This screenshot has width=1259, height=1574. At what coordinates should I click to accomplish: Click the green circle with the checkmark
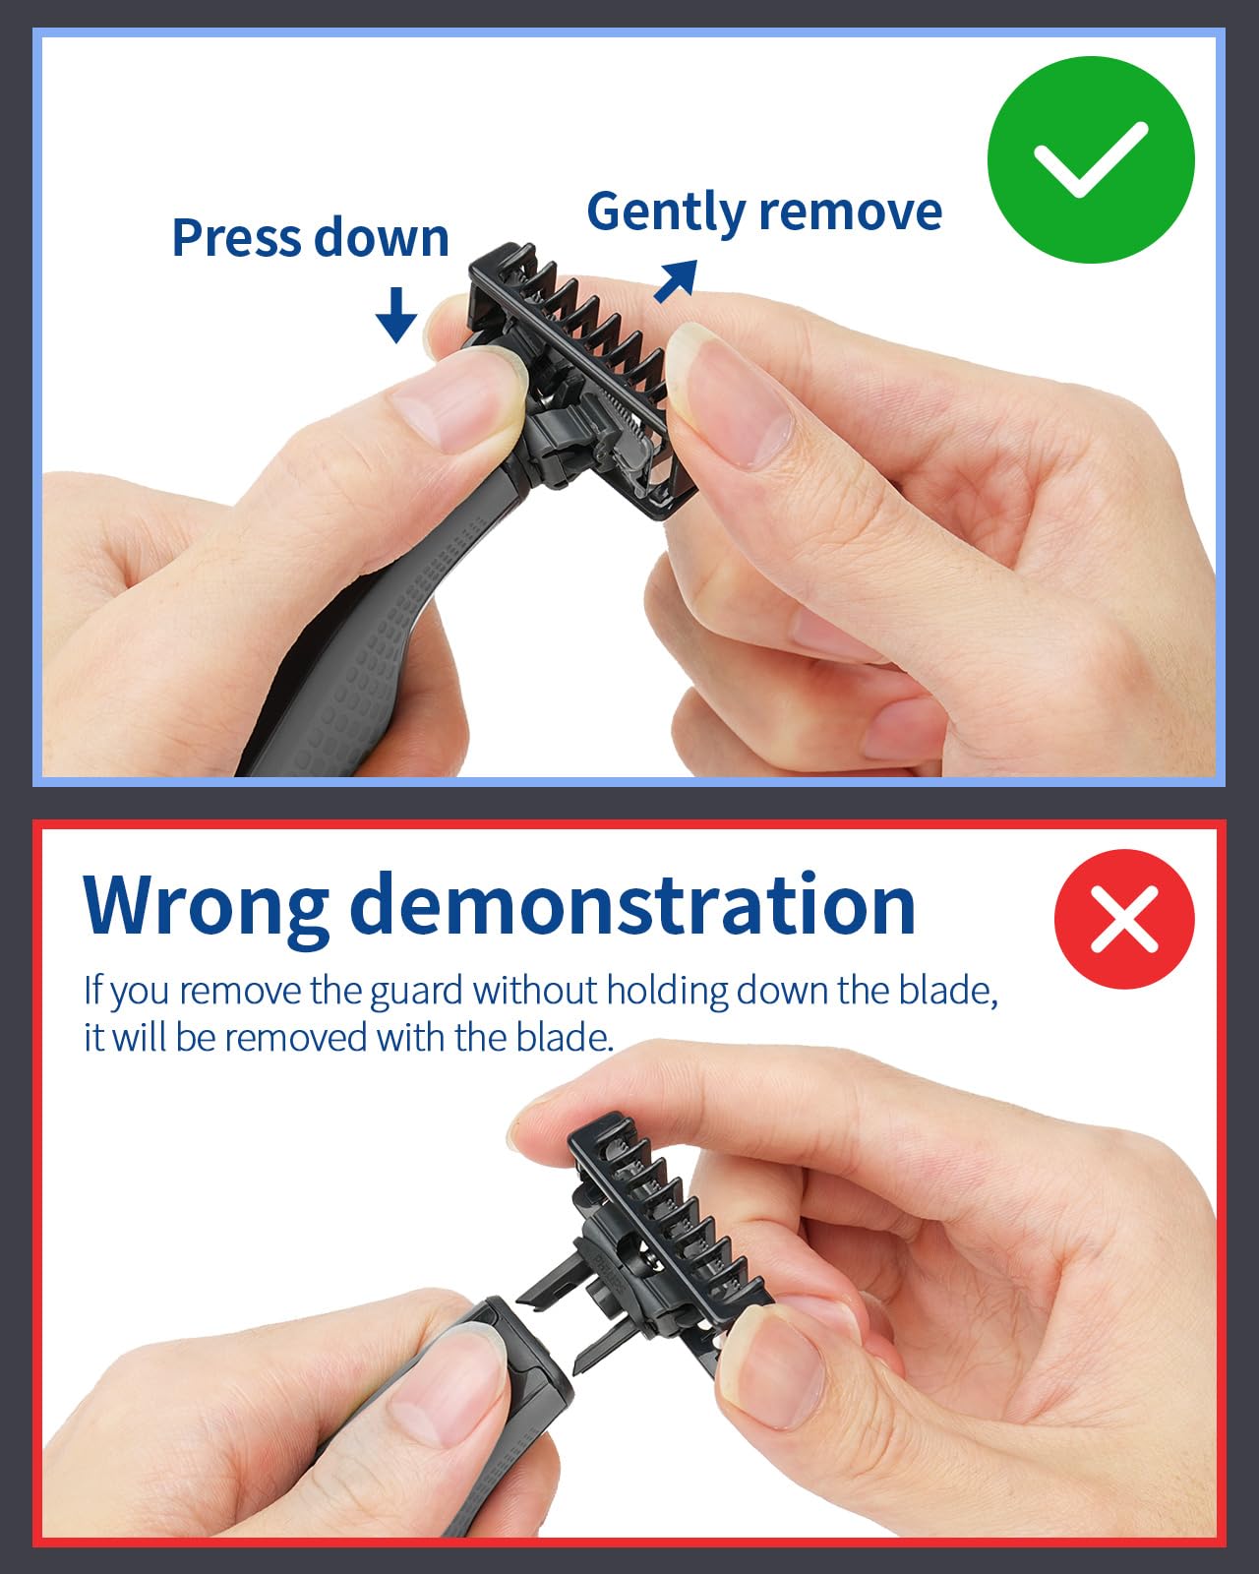1091,159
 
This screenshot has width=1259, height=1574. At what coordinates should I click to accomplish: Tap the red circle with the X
1124,920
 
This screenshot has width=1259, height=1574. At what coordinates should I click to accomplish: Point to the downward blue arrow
396,315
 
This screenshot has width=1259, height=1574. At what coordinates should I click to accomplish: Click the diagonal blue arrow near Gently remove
676,281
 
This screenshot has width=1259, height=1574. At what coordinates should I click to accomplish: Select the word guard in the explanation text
416,992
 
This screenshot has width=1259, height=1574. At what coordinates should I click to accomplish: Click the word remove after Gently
851,212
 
